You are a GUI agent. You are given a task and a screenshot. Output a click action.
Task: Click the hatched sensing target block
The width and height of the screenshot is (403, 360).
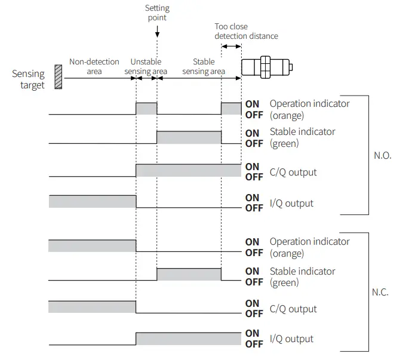(58, 77)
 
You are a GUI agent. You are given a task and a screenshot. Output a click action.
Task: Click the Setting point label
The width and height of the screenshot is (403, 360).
(157, 13)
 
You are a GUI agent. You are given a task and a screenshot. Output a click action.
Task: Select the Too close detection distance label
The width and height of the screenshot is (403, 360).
(246, 31)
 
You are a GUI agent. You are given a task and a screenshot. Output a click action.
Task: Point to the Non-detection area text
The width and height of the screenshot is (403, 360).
(94, 66)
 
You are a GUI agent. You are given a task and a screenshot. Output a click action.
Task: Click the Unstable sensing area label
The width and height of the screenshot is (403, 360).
(146, 66)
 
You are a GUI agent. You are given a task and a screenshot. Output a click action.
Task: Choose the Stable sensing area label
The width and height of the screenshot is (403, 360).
(204, 66)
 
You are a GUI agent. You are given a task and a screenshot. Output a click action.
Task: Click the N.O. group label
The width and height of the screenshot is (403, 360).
(382, 155)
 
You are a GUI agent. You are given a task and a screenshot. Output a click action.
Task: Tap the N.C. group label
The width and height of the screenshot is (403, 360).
(380, 293)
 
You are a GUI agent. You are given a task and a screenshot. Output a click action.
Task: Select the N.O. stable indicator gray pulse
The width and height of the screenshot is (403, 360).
(189, 137)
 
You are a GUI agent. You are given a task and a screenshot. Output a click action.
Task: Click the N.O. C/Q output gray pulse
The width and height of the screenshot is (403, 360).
(189, 170)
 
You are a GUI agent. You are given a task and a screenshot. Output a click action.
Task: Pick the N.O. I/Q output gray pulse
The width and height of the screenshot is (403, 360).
(93, 201)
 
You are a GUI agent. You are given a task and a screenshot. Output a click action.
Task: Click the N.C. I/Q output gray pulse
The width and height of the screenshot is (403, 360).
(189, 339)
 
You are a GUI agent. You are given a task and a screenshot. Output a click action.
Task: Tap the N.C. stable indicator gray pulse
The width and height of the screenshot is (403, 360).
(189, 274)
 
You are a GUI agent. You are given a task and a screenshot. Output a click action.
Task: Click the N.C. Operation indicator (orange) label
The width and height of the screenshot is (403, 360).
(309, 247)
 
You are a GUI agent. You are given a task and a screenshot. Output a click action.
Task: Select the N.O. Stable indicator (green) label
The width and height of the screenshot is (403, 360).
(302, 137)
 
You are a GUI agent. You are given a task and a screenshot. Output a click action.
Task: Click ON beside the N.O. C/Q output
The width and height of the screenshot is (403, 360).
(253, 167)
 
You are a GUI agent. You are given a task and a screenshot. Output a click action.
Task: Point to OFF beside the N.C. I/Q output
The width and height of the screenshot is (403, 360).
(254, 344)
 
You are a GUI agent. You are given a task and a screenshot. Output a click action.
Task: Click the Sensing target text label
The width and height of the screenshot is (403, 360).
(28, 79)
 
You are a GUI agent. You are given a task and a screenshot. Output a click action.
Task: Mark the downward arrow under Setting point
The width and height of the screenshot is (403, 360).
(157, 30)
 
